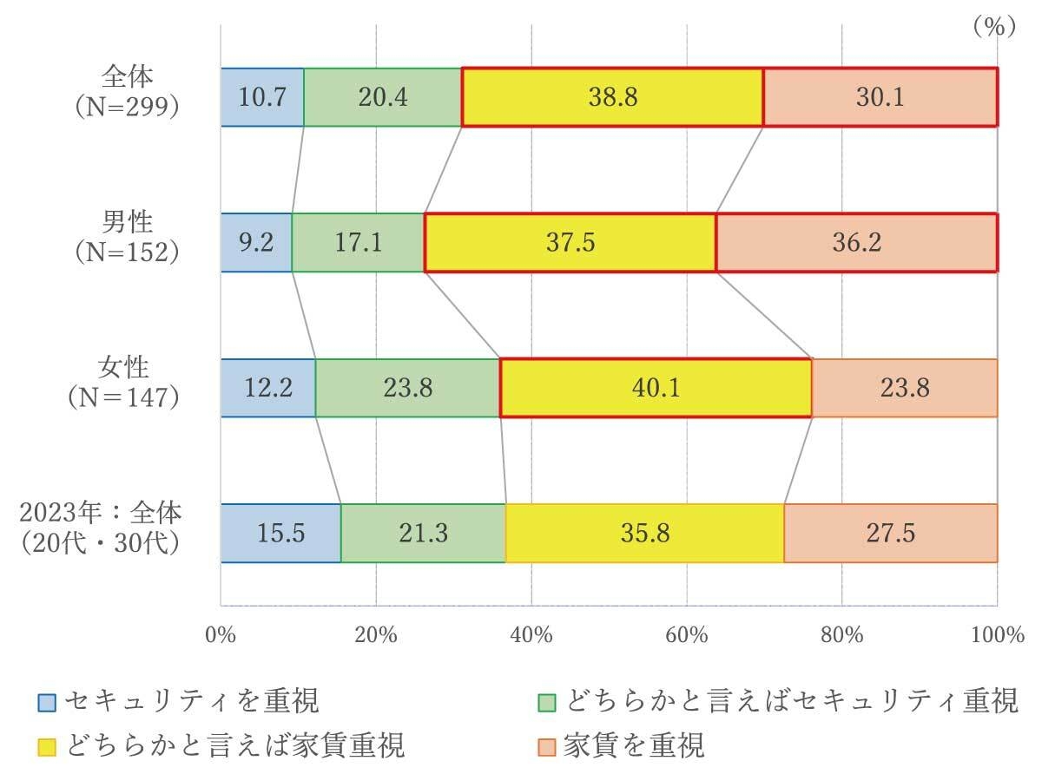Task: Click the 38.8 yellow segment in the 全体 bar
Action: click(x=612, y=97)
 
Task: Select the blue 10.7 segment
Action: click(x=262, y=97)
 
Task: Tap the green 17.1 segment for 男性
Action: click(x=358, y=243)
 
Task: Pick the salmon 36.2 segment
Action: click(x=856, y=243)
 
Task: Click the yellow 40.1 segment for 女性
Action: click(x=656, y=388)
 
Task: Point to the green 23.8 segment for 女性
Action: click(x=407, y=388)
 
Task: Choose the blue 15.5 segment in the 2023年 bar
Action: click(x=280, y=533)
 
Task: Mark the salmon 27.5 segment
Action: click(x=890, y=533)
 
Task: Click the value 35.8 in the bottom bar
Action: click(x=645, y=533)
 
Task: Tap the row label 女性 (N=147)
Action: click(x=127, y=382)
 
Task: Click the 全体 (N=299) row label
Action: click(x=127, y=91)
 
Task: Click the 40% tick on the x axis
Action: click(x=531, y=635)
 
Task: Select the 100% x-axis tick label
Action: click(x=997, y=635)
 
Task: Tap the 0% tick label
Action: click(x=221, y=635)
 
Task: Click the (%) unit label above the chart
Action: click(x=993, y=27)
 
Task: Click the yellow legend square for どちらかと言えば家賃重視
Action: click(x=47, y=745)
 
